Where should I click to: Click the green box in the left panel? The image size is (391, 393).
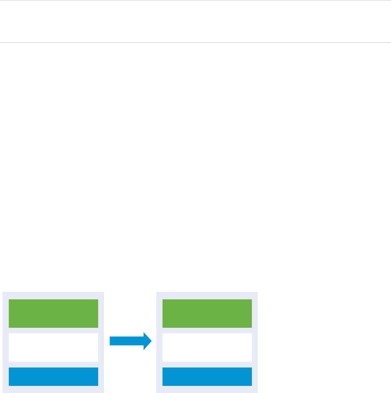(53, 313)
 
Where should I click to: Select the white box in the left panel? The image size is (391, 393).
(53, 347)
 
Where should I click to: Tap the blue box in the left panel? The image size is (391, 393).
(53, 376)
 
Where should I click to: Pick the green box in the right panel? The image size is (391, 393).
(207, 313)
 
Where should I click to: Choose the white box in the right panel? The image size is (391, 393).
(207, 347)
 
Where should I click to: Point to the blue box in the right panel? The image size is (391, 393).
(207, 376)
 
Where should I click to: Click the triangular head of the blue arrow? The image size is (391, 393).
(147, 341)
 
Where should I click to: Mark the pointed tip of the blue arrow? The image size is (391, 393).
(151, 341)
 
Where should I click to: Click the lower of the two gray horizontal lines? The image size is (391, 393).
(195, 42)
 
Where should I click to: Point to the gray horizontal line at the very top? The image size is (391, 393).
(195, 0)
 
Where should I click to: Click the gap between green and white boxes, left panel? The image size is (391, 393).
(53, 330)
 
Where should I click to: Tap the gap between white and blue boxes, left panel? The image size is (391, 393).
(53, 365)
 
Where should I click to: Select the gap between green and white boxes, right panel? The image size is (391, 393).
(207, 330)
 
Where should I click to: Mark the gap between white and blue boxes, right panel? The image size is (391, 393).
(207, 365)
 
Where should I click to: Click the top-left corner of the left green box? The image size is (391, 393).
(9, 300)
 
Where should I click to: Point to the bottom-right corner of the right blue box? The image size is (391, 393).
(251, 385)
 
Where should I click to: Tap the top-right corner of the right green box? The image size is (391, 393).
(251, 300)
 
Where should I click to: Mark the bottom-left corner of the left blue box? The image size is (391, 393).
(9, 385)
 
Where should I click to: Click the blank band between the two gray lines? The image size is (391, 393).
(195, 21)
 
